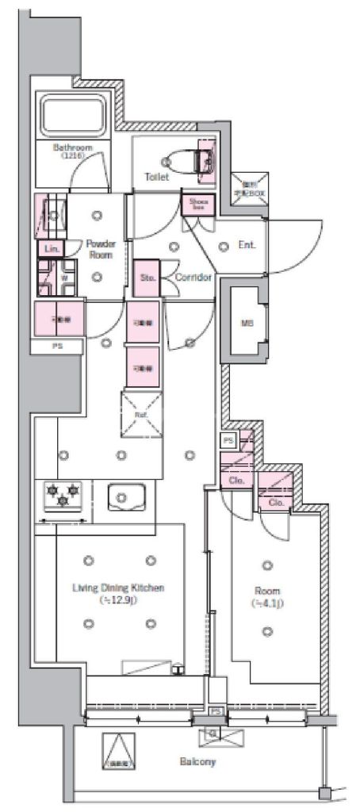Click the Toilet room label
click(x=156, y=178)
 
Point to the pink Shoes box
click(x=197, y=205)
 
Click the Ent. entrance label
click(x=247, y=245)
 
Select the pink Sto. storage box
click(x=147, y=278)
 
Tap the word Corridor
click(x=193, y=278)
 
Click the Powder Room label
click(x=101, y=249)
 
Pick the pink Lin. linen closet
click(x=50, y=249)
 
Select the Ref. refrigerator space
click(x=140, y=414)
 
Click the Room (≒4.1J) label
click(x=267, y=597)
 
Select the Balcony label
click(x=197, y=762)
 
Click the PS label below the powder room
click(x=56, y=347)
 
